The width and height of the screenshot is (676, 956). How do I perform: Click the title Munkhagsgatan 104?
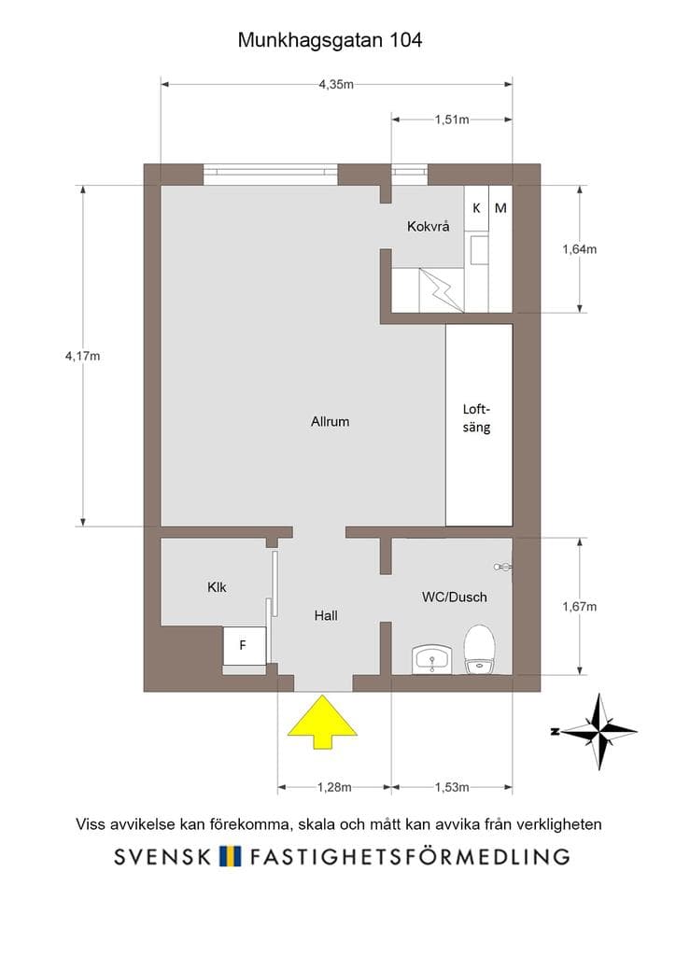[x=330, y=40]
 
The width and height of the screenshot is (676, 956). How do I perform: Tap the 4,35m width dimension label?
[x=336, y=85]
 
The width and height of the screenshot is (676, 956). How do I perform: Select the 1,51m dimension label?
[x=452, y=119]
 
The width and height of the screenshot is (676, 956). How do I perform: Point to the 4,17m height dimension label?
[x=83, y=356]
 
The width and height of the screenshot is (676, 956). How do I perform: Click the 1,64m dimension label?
[x=579, y=248]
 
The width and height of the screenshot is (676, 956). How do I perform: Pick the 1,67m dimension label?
[x=579, y=606]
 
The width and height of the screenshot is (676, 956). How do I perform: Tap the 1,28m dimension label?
[x=334, y=787]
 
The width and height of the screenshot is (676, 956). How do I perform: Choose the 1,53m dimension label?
[x=452, y=787]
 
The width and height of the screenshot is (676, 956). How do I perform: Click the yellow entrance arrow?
[x=322, y=724]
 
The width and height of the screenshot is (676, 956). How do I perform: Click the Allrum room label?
[x=330, y=421]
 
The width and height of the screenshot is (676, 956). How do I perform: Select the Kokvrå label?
[x=428, y=226]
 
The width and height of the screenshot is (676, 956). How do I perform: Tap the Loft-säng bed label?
[x=476, y=418]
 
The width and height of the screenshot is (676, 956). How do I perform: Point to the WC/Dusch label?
[x=454, y=597]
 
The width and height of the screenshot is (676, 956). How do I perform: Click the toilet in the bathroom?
[x=479, y=650]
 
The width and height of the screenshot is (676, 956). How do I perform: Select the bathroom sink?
[x=432, y=660]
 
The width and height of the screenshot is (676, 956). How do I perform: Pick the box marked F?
[x=244, y=646]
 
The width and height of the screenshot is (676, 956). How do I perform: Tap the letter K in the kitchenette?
[x=477, y=208]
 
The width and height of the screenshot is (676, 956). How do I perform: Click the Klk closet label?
[x=217, y=587]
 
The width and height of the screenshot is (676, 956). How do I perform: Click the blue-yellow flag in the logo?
[x=230, y=856]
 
